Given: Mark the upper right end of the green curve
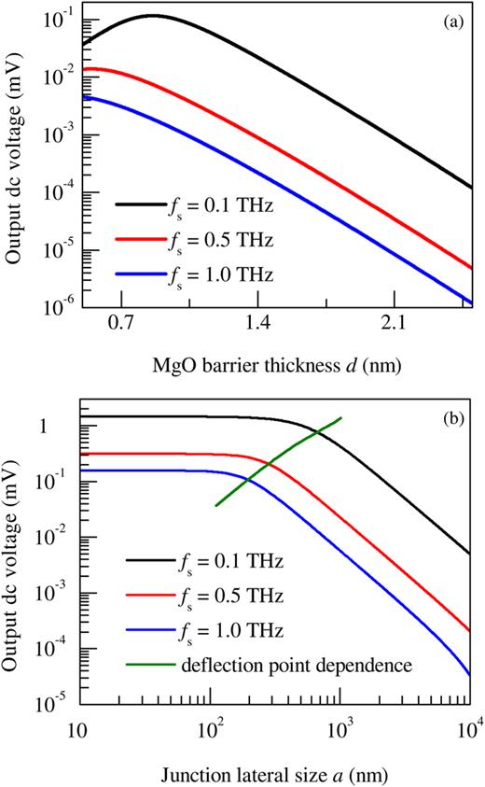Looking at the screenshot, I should pyautogui.click(x=341, y=418).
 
